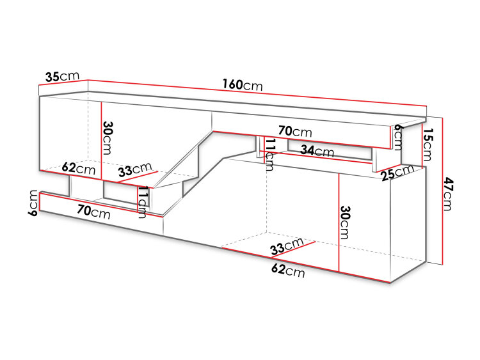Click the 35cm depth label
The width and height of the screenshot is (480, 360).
[63, 76]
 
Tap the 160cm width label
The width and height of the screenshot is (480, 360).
[243, 84]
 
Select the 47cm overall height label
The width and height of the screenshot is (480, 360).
[447, 194]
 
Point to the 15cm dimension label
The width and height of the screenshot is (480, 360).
[427, 144]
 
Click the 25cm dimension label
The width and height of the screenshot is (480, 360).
[397, 173]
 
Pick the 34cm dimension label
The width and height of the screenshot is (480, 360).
[317, 150]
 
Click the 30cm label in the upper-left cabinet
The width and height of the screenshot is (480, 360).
[108, 137]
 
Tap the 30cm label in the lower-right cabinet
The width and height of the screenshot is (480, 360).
[345, 223]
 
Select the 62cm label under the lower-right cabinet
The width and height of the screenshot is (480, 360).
[288, 270]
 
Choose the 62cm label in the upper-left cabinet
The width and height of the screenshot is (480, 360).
[79, 168]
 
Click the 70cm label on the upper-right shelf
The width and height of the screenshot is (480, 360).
[295, 132]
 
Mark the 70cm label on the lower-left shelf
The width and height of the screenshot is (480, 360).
[93, 212]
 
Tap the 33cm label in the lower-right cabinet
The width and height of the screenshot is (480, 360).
[287, 247]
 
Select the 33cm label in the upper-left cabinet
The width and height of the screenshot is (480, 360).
[135, 169]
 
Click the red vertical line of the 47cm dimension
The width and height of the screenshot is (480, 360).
[442, 191]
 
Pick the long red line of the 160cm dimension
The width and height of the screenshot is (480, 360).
[257, 93]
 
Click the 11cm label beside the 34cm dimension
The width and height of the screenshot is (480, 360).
[270, 155]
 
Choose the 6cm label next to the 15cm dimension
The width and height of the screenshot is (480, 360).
[397, 137]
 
